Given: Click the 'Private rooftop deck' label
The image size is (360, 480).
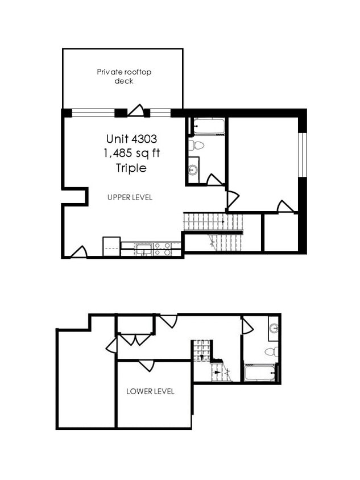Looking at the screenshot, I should tap(123, 76).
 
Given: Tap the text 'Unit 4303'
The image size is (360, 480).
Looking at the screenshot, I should tap(131, 139).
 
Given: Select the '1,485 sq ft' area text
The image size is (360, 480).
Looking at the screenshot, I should tap(131, 154).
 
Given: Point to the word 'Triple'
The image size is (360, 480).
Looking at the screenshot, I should tap(131, 168).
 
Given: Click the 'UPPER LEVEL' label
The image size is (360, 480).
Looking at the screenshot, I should tap(130, 197).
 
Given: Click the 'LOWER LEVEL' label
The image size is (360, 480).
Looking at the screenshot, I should tap(150, 391).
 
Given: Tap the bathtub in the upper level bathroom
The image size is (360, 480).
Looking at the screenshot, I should tap(209, 126).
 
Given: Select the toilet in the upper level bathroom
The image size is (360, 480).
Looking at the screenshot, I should tap(195, 145).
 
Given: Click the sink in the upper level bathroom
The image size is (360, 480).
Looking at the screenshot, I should tap(193, 169).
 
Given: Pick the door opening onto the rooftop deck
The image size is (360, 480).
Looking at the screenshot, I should tap(136, 110).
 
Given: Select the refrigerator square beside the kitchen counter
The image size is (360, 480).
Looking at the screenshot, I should tap(111, 246).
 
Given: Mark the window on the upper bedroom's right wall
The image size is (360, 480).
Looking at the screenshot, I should tap(303, 155).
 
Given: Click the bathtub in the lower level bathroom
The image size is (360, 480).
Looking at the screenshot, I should tap(260, 373).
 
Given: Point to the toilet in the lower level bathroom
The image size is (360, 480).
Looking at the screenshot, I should tap(272, 351).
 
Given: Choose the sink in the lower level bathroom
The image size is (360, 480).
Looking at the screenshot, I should tap(274, 329).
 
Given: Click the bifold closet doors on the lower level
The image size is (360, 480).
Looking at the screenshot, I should tap(135, 340).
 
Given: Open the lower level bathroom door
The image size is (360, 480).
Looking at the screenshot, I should tap(247, 326).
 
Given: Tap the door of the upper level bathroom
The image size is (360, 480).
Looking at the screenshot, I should tap(214, 180).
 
